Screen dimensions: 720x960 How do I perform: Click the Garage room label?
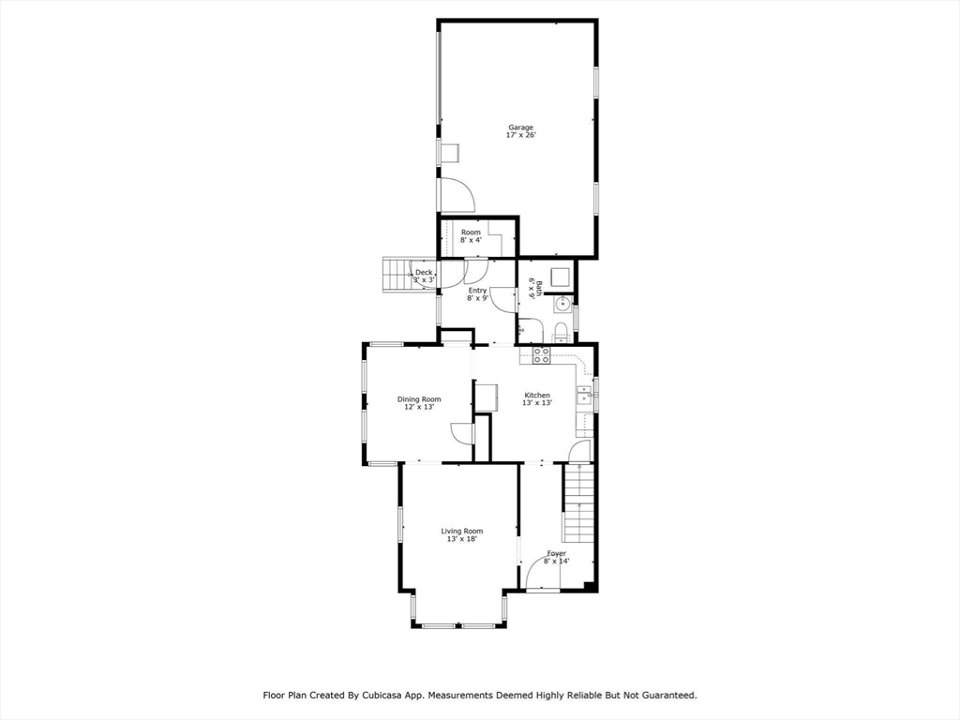point(520,127)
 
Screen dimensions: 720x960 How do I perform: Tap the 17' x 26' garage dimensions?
point(520,136)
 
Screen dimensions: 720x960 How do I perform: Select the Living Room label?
point(461,532)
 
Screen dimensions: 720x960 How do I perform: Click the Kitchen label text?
point(537,395)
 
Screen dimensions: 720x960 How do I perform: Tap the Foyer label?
point(556,553)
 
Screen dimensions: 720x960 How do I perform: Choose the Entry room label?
point(477,291)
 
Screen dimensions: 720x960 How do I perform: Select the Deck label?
point(424,272)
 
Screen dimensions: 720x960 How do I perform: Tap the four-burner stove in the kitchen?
point(542,354)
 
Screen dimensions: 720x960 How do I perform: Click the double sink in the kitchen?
point(584,394)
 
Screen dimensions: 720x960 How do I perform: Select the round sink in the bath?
point(562,304)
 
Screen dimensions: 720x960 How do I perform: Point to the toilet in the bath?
point(559,329)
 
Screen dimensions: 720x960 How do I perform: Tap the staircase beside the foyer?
point(579,502)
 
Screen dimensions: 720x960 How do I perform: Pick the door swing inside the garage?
point(457,194)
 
